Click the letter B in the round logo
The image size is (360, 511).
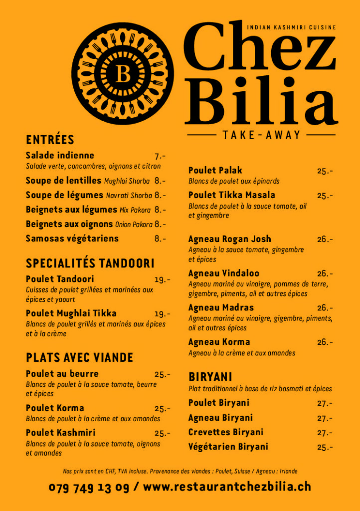(x=123, y=74)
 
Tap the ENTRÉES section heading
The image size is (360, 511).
(x=50, y=140)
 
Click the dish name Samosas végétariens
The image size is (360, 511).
(x=72, y=239)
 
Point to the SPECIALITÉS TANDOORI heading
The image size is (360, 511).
(x=90, y=263)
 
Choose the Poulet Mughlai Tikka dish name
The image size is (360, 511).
(x=71, y=313)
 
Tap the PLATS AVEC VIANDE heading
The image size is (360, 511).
(x=79, y=357)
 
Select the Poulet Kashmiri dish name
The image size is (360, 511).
(x=61, y=433)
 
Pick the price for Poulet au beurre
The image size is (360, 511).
(x=162, y=374)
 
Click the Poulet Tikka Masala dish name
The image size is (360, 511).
(x=232, y=195)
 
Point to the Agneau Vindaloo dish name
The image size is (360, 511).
(x=224, y=273)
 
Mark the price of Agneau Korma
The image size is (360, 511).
(x=325, y=342)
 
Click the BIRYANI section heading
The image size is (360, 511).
(x=210, y=377)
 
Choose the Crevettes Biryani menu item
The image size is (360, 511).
(x=226, y=432)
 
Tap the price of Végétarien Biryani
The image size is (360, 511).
(x=325, y=447)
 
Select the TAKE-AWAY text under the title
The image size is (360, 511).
(x=262, y=135)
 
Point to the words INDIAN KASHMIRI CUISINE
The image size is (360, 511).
(x=292, y=27)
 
